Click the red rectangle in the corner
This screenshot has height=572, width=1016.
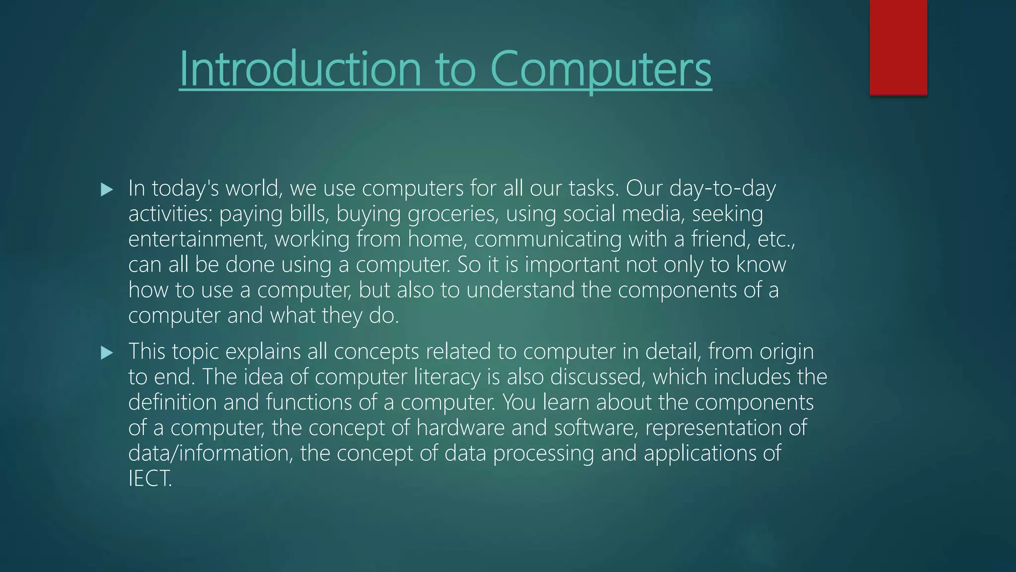898,47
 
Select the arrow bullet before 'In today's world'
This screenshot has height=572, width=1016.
107,189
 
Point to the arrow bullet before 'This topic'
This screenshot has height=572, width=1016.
107,353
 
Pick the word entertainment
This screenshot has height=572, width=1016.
197,239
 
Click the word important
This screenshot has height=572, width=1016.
572,265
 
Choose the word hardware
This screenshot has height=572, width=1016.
460,428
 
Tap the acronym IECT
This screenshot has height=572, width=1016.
150,479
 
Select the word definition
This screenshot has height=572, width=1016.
172,402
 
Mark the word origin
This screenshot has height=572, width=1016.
786,352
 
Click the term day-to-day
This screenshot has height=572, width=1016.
722,189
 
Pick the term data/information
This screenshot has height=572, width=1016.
210,453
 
